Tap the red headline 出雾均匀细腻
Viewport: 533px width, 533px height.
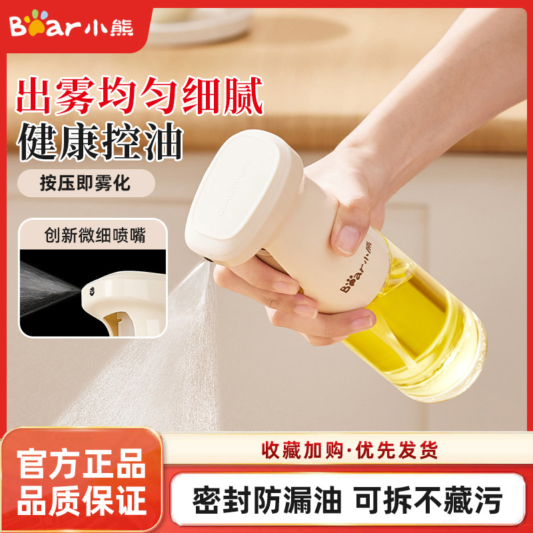click(141, 97)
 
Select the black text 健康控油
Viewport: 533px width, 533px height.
click(99, 144)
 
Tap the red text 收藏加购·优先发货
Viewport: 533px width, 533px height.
click(350, 450)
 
